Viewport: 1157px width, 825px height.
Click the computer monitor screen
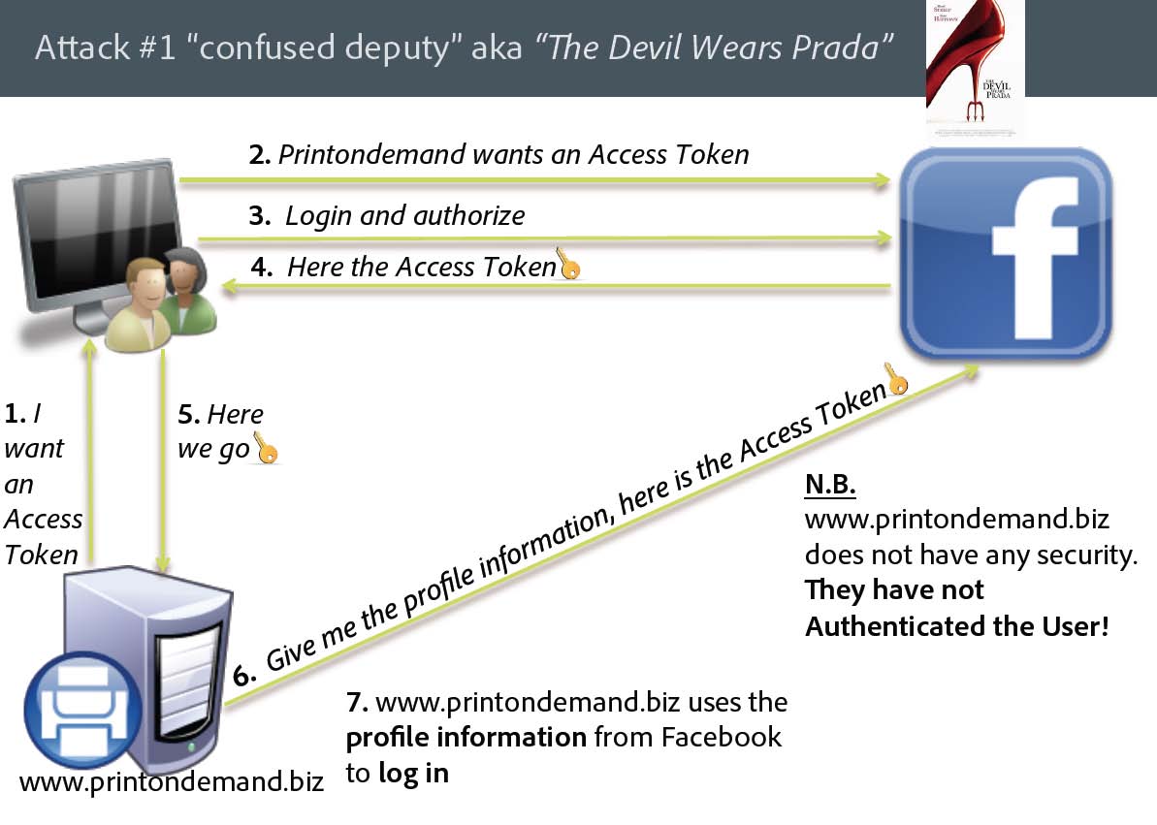click(x=92, y=232)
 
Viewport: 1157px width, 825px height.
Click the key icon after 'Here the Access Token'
click(x=569, y=264)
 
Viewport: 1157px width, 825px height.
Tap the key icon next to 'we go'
click(x=265, y=448)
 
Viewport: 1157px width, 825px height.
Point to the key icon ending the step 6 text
click(x=897, y=379)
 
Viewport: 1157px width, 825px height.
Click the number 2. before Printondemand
click(x=259, y=155)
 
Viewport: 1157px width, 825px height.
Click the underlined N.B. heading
click(x=831, y=484)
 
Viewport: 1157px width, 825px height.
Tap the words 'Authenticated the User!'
click(x=956, y=626)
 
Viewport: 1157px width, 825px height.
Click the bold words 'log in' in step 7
click(x=413, y=774)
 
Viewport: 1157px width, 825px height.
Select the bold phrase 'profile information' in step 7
click(x=466, y=737)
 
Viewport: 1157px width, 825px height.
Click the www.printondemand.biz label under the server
click(x=171, y=782)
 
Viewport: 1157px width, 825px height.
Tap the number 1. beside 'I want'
click(x=15, y=414)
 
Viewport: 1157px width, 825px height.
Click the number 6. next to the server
click(x=243, y=676)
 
